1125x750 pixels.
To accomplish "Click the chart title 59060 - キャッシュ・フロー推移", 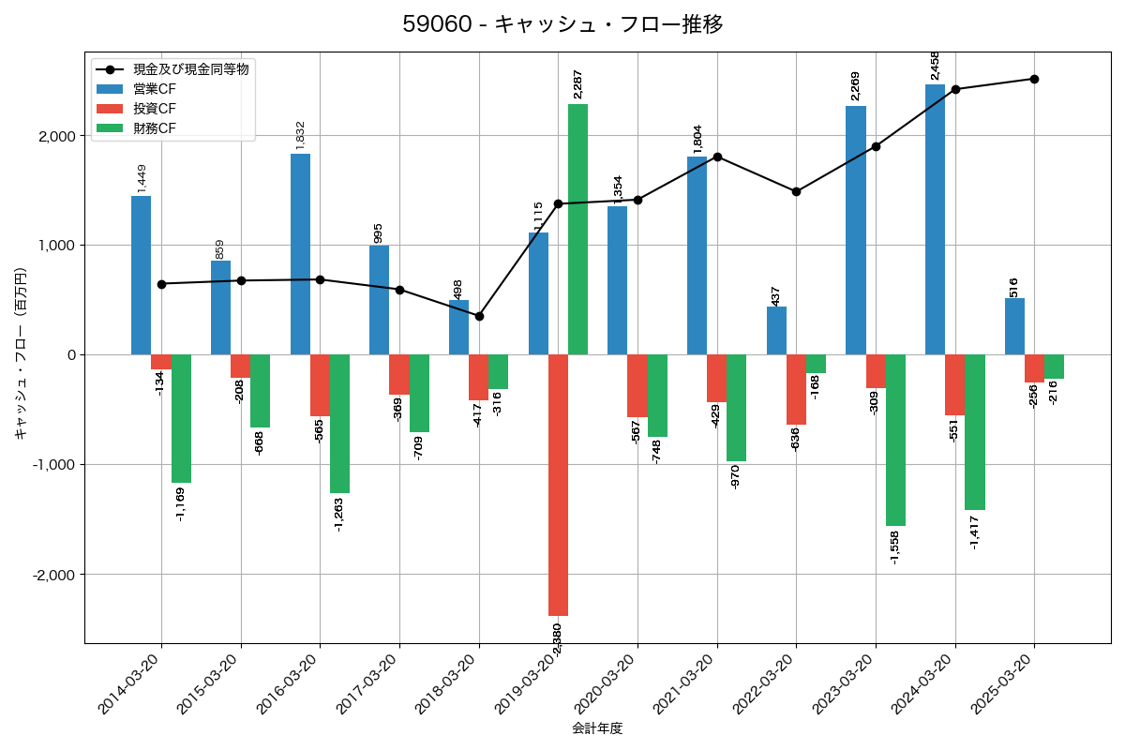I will point(562,24).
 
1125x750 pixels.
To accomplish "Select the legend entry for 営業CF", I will point(155,89).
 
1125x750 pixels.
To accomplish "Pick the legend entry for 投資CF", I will point(155,109).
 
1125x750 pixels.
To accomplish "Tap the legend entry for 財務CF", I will point(155,128).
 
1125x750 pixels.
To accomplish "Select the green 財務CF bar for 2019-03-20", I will point(577,230).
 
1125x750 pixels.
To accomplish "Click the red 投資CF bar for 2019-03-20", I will point(558,485).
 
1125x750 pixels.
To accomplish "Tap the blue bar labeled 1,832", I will point(300,254).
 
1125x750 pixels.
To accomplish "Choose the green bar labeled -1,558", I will point(895,440).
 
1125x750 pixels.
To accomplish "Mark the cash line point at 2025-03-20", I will point(1034,79).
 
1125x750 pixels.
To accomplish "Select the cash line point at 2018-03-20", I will point(479,316).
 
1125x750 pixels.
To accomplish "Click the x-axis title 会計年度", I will point(597,728).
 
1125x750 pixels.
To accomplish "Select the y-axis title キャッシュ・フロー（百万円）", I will point(21,354).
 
